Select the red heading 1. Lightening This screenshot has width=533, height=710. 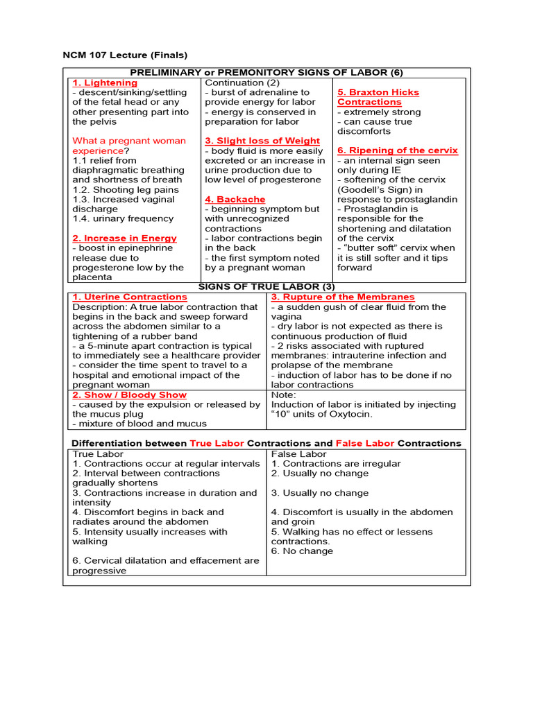(105, 83)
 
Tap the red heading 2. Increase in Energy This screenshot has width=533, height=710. (124, 238)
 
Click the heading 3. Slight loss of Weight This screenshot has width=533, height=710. (262, 141)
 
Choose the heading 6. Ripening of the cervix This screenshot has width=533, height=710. (397, 150)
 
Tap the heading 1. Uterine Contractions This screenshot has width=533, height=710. (130, 297)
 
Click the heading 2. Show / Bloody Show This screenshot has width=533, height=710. (125, 395)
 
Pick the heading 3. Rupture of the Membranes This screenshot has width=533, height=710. (342, 297)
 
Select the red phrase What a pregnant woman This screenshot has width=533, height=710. (129, 141)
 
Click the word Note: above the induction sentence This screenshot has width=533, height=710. (283, 395)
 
